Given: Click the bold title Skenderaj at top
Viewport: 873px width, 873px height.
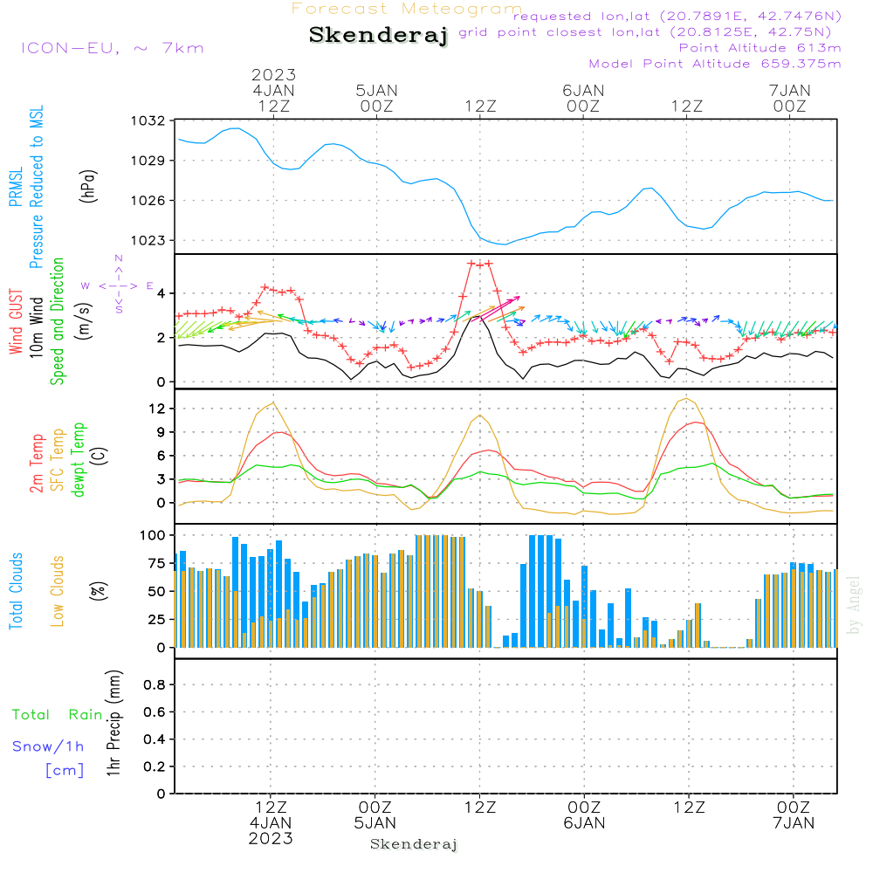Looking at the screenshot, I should click(378, 36).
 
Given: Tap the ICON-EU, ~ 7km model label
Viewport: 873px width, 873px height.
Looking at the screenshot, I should click(112, 48).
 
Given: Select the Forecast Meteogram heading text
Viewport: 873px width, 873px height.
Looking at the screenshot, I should click(407, 9).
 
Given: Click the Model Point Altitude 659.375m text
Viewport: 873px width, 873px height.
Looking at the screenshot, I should click(715, 64).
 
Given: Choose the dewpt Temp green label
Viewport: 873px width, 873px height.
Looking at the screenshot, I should click(79, 460).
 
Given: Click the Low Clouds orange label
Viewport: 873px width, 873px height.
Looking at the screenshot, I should click(58, 590).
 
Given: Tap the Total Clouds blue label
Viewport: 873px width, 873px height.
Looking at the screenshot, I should click(16, 591).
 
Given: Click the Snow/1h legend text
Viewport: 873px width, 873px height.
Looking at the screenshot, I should click(48, 746).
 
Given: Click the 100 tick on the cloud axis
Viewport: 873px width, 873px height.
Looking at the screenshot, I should click(154, 534).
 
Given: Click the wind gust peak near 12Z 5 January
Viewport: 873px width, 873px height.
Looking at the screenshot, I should click(479, 263).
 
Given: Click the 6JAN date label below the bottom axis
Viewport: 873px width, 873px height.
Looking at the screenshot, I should click(584, 822).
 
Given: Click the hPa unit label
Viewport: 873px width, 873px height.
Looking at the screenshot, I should click(88, 184).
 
